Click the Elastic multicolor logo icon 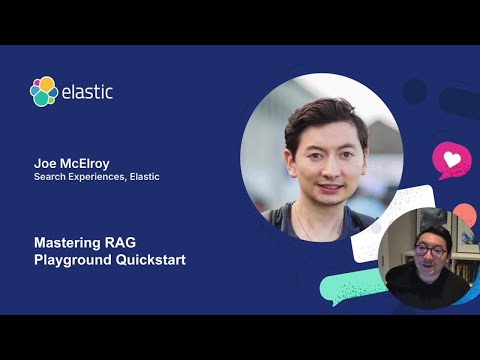[x=44, y=91]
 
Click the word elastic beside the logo [x=88, y=92]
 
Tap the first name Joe [x=45, y=161]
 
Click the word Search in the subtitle [x=51, y=177]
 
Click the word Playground [x=73, y=260]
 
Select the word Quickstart [x=151, y=260]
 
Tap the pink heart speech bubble [x=451, y=161]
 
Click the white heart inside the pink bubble [x=452, y=159]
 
